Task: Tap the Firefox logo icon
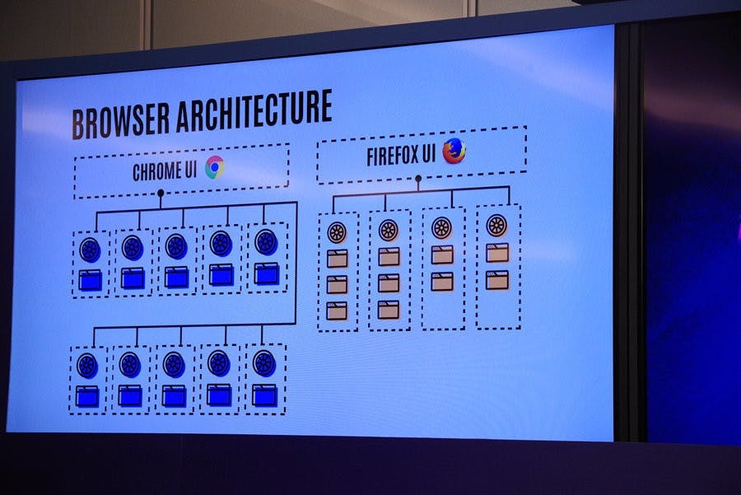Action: point(454,151)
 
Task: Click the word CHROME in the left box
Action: point(156,173)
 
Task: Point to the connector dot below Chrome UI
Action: point(161,193)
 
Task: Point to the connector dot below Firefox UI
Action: point(418,177)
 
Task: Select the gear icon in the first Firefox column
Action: point(337,232)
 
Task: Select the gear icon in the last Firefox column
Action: point(496,225)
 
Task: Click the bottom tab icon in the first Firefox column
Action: point(337,311)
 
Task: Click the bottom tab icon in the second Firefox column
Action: point(389,310)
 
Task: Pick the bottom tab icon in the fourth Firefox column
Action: point(496,279)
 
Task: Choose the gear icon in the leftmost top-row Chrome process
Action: point(90,248)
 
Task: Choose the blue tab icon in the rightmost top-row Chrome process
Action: point(266,273)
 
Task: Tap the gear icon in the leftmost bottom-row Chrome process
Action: point(87,365)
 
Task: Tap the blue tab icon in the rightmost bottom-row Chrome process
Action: point(264,395)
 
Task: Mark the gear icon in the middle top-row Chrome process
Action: point(176,245)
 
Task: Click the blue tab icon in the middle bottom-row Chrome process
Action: point(174,395)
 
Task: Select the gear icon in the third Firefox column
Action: point(442,227)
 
